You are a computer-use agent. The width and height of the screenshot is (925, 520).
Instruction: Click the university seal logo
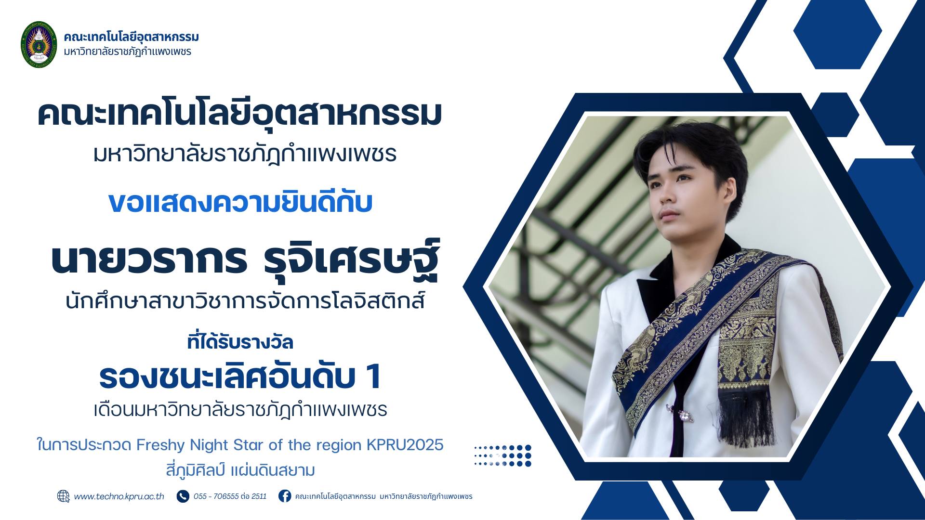(39, 44)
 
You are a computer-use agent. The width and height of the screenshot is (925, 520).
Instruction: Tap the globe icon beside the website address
(64, 496)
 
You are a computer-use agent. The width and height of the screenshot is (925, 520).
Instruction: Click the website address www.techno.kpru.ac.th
(119, 496)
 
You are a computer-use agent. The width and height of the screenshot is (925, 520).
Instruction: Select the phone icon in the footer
(183, 496)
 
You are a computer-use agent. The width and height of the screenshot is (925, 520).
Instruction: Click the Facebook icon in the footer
(285, 496)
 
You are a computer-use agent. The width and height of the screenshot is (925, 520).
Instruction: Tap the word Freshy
(161, 445)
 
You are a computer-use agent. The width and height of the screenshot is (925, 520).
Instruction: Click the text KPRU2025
(405, 445)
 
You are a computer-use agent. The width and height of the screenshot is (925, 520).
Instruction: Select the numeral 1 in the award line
(373, 377)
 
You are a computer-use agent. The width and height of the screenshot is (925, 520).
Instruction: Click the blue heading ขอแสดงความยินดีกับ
(240, 202)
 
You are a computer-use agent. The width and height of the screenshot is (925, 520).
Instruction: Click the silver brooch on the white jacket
(683, 415)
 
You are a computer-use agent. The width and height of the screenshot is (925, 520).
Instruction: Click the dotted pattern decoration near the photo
(502, 455)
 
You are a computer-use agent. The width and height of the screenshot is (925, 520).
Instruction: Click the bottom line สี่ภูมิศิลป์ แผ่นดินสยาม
(240, 469)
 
